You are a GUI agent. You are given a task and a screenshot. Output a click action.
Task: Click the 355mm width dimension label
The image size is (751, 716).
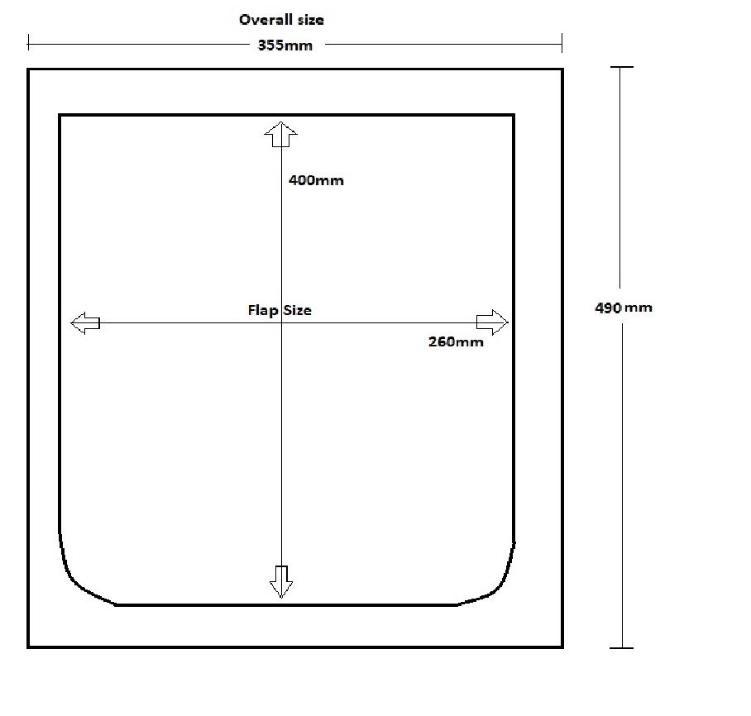285,45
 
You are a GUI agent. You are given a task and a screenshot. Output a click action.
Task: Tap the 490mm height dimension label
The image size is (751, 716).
624,308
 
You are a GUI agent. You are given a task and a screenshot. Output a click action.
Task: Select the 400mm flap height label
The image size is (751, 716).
316,179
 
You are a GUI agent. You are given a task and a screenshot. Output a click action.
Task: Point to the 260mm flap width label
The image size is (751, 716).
456,341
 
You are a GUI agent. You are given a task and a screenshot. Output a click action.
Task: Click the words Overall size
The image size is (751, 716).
281,19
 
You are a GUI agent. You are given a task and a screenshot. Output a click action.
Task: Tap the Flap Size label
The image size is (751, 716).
280,310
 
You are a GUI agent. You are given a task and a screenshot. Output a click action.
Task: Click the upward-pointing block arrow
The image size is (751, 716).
280,134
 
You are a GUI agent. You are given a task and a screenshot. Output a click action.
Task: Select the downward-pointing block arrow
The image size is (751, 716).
281,581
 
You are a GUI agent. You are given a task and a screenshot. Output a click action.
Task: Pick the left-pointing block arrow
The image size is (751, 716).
85,323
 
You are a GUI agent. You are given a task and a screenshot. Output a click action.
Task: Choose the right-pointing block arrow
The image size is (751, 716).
492,322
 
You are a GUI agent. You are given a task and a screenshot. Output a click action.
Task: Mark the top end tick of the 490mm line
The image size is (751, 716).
621,68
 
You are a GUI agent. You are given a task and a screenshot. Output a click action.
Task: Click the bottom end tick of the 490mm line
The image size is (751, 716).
621,647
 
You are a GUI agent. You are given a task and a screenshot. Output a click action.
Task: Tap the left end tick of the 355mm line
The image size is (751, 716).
29,42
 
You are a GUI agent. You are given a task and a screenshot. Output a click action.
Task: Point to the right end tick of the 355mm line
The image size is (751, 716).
562,42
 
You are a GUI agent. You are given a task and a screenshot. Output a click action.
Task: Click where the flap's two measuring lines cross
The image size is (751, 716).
281,322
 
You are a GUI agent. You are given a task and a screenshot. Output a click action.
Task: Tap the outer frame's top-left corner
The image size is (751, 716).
29,69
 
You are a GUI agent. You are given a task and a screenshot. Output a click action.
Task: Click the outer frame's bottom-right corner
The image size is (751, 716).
562,646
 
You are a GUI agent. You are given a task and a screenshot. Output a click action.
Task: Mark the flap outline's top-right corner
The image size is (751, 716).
514,116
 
